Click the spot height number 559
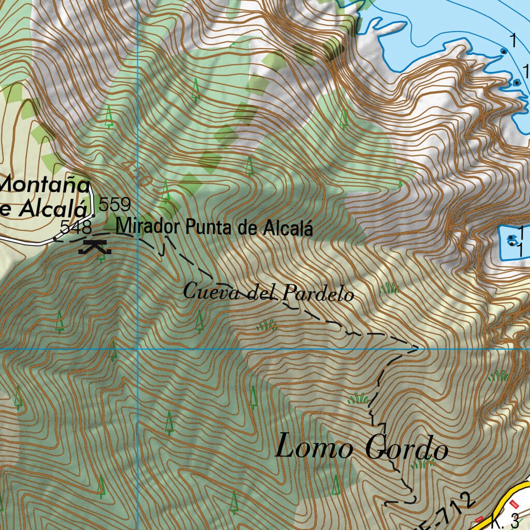point(114,204)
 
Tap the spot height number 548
point(76,227)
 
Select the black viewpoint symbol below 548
point(95,247)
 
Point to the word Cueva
point(209,292)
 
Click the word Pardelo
point(318,295)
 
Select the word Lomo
point(314,447)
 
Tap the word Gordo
point(407,449)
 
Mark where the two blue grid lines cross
point(138,349)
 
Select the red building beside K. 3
point(514,504)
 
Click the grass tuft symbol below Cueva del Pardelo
point(267,326)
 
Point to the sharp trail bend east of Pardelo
point(417,348)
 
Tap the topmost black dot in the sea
point(503,51)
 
